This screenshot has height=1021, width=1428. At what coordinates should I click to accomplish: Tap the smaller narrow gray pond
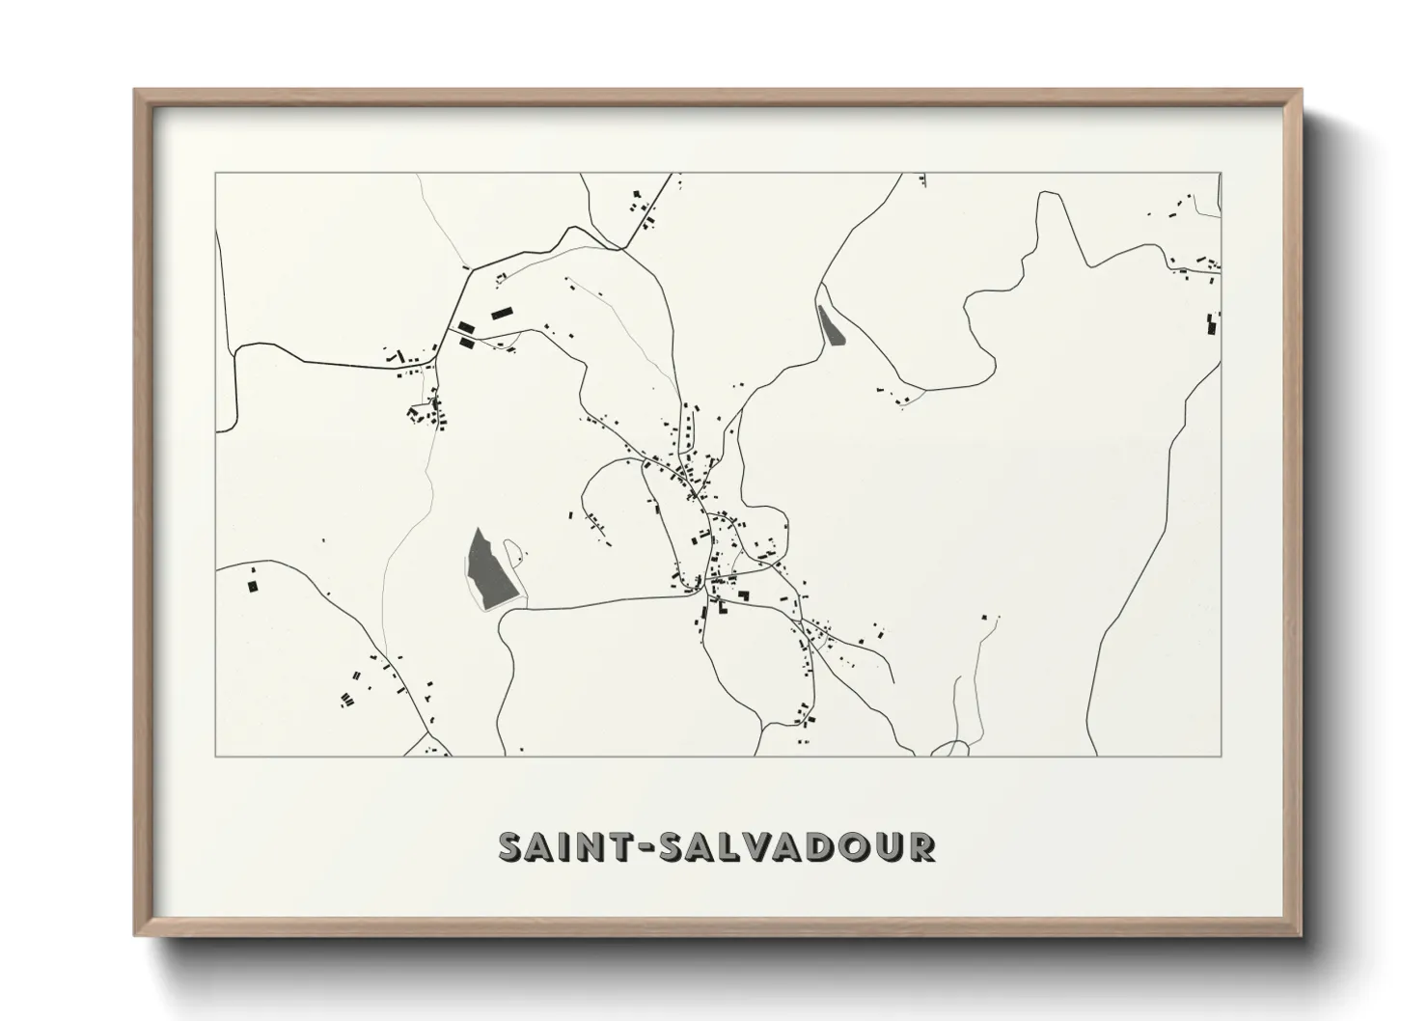pos(830,326)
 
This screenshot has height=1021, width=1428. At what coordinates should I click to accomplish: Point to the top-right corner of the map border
pos(1221,174)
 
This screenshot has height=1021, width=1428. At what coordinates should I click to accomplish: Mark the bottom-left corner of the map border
pos(215,756)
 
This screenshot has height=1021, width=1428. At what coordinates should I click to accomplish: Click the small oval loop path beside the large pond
pos(513,552)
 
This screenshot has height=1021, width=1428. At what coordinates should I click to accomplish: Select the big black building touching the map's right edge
pos(1211,324)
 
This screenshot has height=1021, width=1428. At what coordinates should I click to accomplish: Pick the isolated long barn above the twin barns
pos(500,313)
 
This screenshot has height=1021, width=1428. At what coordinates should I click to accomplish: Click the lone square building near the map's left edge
pos(253,585)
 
